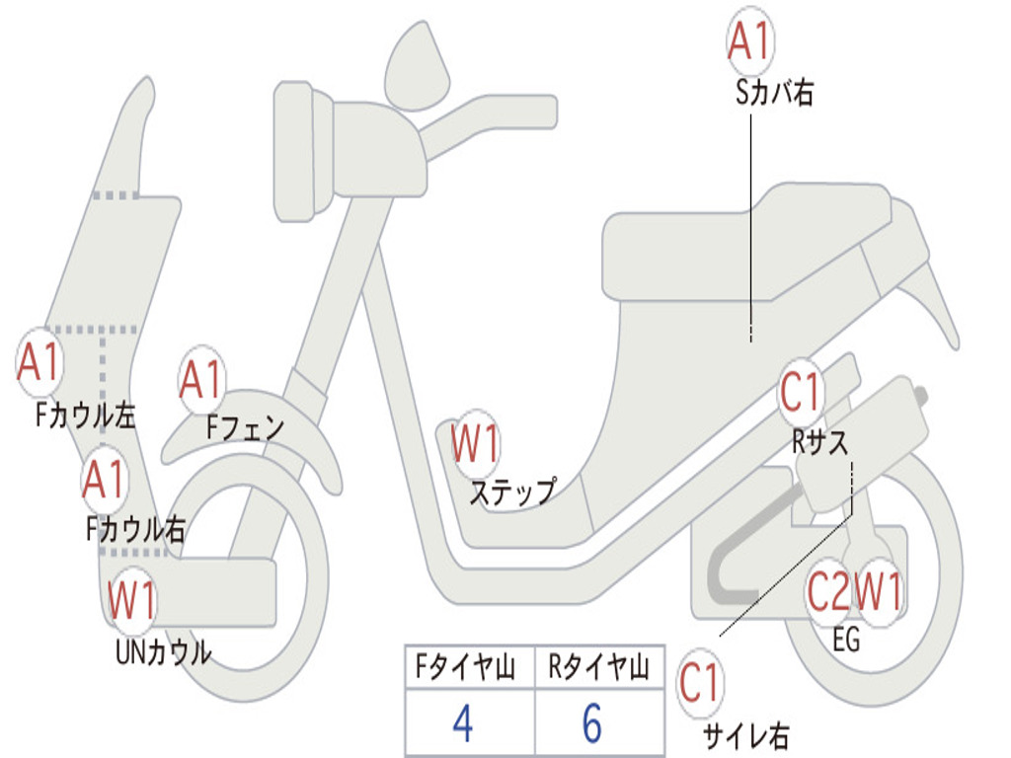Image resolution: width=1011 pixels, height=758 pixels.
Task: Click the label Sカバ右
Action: click(775, 94)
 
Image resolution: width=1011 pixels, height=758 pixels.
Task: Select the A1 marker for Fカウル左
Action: click(40, 362)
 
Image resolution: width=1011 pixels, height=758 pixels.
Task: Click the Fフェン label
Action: click(245, 427)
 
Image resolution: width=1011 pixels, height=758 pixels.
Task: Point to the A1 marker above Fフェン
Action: click(202, 380)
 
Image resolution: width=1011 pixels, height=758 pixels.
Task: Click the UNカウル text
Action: click(163, 651)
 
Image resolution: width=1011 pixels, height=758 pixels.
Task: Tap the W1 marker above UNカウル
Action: click(131, 600)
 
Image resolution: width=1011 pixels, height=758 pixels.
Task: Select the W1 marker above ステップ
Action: click(475, 444)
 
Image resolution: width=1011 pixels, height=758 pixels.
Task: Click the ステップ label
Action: click(511, 491)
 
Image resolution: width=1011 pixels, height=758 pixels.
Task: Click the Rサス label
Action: click(819, 442)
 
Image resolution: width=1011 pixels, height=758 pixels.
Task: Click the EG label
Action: click(846, 640)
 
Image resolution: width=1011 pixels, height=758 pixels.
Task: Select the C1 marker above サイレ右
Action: click(701, 683)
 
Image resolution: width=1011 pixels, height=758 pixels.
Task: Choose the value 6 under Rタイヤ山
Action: click(591, 723)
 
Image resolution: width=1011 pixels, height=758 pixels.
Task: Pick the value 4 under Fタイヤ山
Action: click(462, 723)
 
